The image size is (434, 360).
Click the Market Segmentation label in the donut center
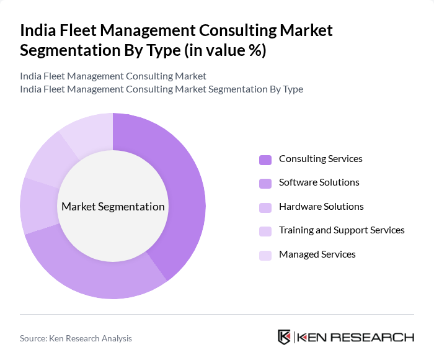pos(113,207)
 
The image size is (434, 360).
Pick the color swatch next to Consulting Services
pos(265,160)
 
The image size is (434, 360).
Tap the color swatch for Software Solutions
pos(265,183)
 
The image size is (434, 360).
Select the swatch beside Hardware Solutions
pos(265,207)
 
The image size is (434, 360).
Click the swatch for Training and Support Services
pos(265,231)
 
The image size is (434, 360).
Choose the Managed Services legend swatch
pos(265,255)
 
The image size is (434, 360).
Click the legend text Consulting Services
pos(321,159)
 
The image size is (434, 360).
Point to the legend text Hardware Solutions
pos(321,207)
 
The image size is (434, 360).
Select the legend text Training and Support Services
pos(342,230)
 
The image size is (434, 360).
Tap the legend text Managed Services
pos(317,254)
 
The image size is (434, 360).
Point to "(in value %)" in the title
pos(225,50)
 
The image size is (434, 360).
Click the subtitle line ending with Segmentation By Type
pos(161,89)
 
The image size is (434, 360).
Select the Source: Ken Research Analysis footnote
pos(76,338)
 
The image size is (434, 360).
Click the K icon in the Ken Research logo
pos(285,337)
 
